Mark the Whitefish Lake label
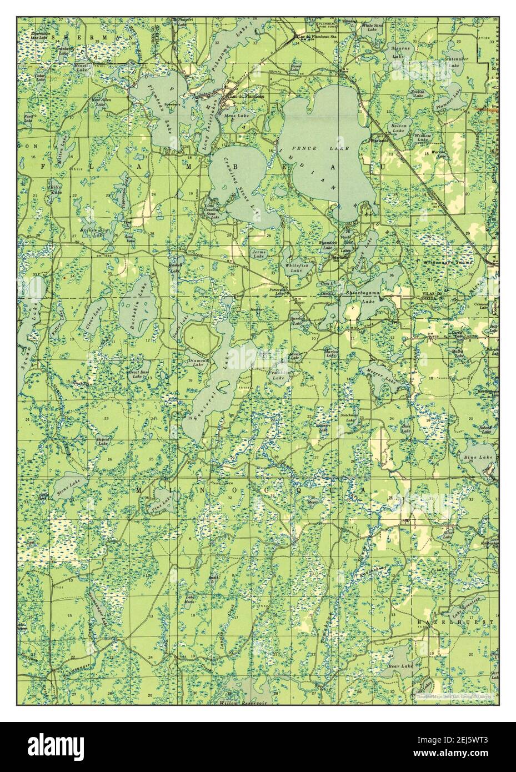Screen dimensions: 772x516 (295, 268)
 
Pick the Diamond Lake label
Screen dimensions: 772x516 (198, 362)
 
